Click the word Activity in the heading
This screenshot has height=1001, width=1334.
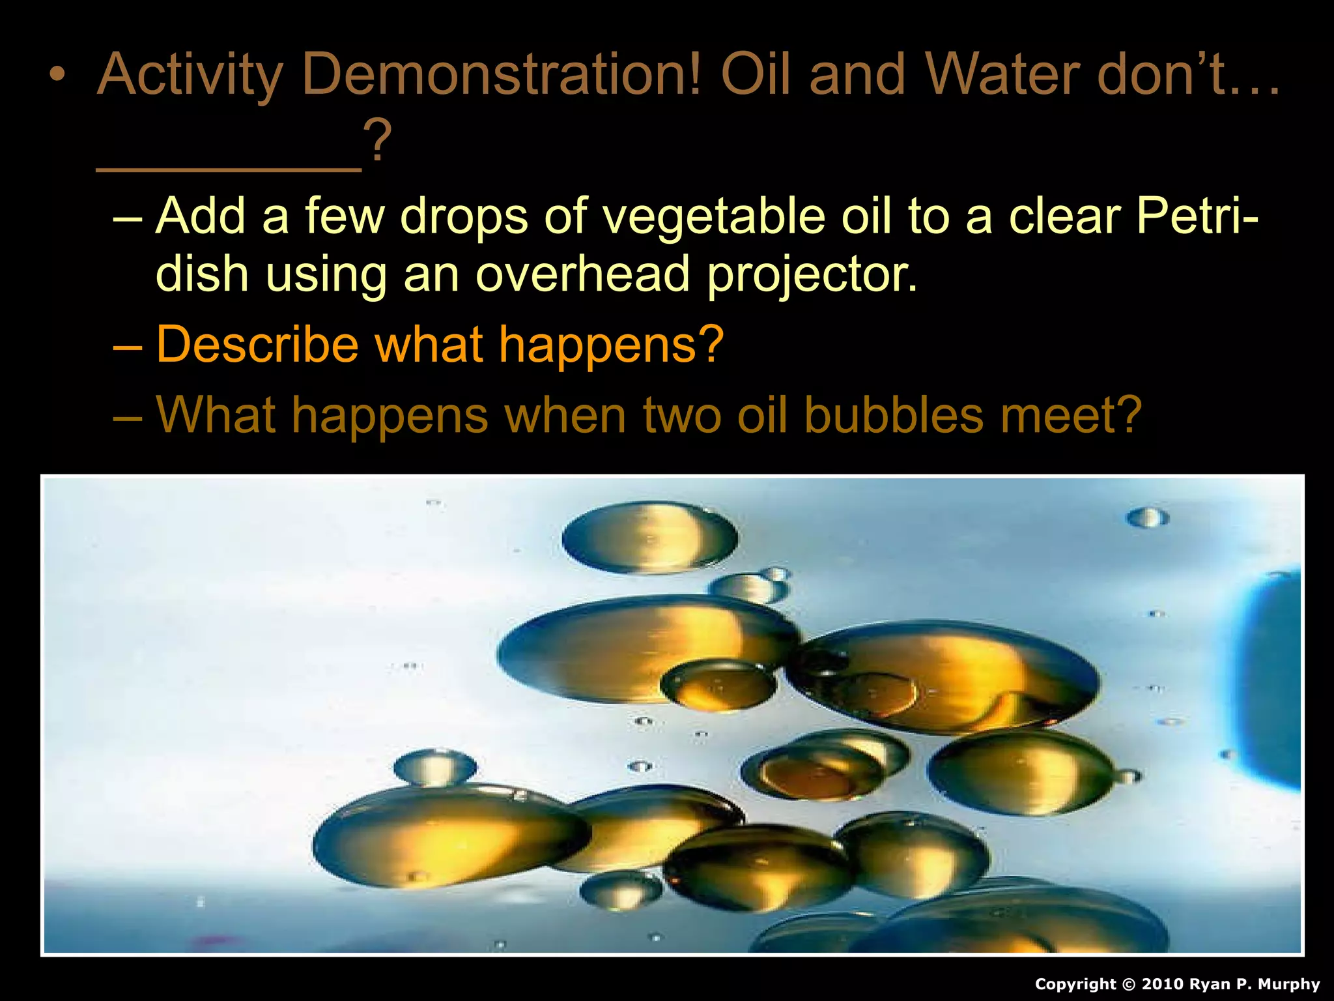190,75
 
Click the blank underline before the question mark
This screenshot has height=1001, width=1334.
229,166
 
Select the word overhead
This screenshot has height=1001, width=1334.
582,274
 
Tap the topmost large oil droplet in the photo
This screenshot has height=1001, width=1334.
649,538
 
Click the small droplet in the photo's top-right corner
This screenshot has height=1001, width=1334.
1148,518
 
